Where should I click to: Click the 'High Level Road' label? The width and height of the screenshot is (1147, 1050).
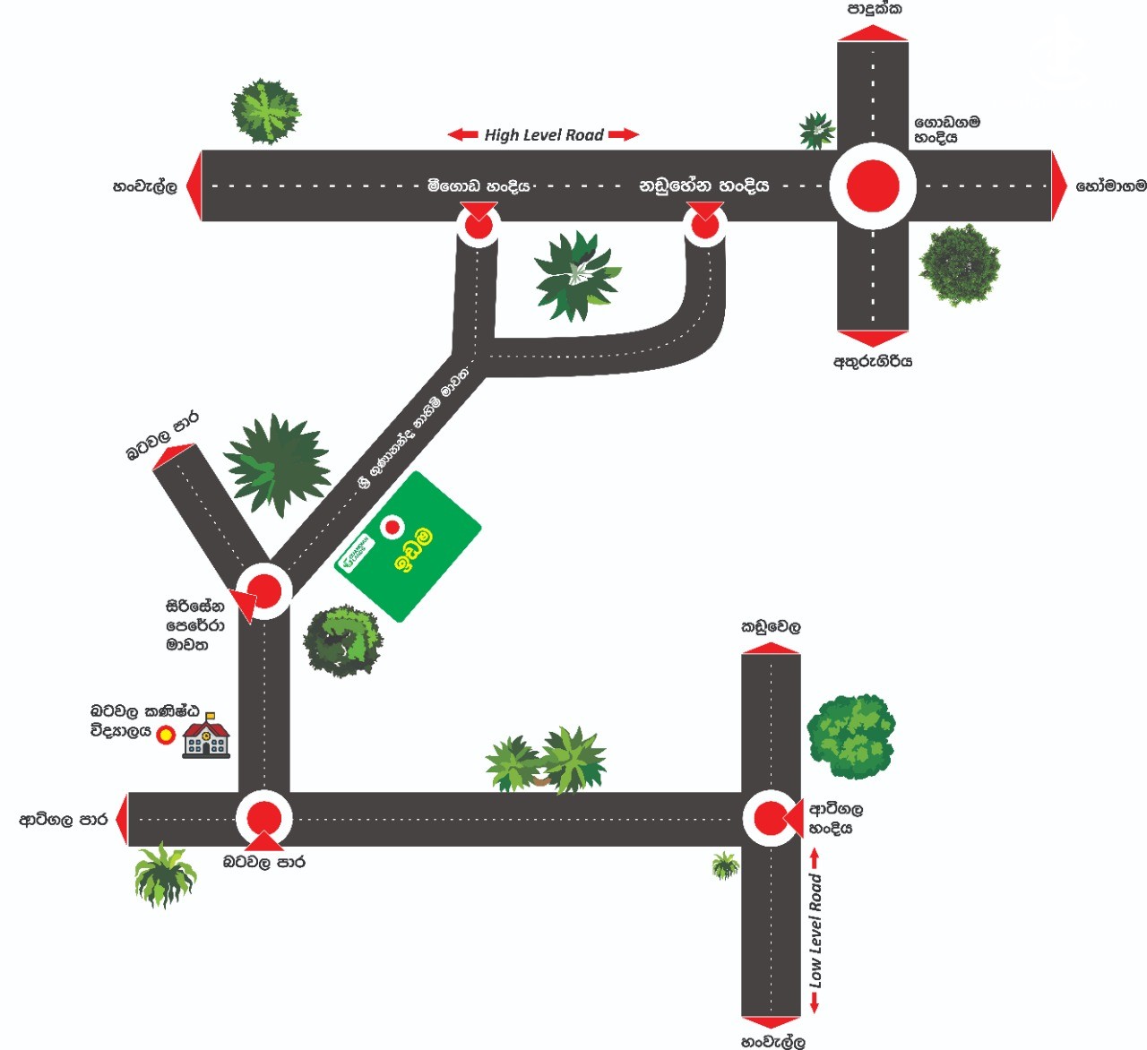click(x=544, y=135)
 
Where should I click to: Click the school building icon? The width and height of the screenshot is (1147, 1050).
click(x=206, y=736)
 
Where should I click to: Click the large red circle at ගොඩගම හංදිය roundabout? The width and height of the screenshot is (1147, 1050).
click(x=873, y=185)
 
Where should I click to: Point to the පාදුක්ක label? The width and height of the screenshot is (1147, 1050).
click(x=875, y=10)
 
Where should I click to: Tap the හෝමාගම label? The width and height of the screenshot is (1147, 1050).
click(x=1110, y=186)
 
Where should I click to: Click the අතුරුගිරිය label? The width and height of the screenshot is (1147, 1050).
click(x=873, y=362)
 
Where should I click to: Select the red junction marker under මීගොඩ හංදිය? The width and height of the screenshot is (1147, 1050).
click(x=479, y=224)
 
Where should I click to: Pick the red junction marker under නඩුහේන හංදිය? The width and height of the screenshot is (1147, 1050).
click(x=705, y=224)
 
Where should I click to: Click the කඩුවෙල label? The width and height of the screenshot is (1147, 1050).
click(x=771, y=627)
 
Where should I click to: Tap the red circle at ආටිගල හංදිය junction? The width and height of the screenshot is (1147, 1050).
click(x=770, y=819)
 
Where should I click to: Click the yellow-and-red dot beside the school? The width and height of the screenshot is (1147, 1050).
click(x=166, y=736)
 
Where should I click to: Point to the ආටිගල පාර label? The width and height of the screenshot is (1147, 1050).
click(x=64, y=820)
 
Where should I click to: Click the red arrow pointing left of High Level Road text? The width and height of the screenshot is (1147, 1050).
click(x=462, y=135)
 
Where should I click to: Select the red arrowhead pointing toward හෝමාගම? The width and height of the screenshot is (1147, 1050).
click(x=1059, y=186)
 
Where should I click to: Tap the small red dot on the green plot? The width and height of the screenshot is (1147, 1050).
click(x=392, y=527)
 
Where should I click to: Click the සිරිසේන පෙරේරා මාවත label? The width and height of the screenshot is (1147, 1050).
click(x=193, y=625)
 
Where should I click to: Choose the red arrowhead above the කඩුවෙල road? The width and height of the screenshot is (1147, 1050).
click(x=771, y=647)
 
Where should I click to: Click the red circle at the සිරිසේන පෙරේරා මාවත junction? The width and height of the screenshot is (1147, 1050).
click(x=264, y=590)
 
